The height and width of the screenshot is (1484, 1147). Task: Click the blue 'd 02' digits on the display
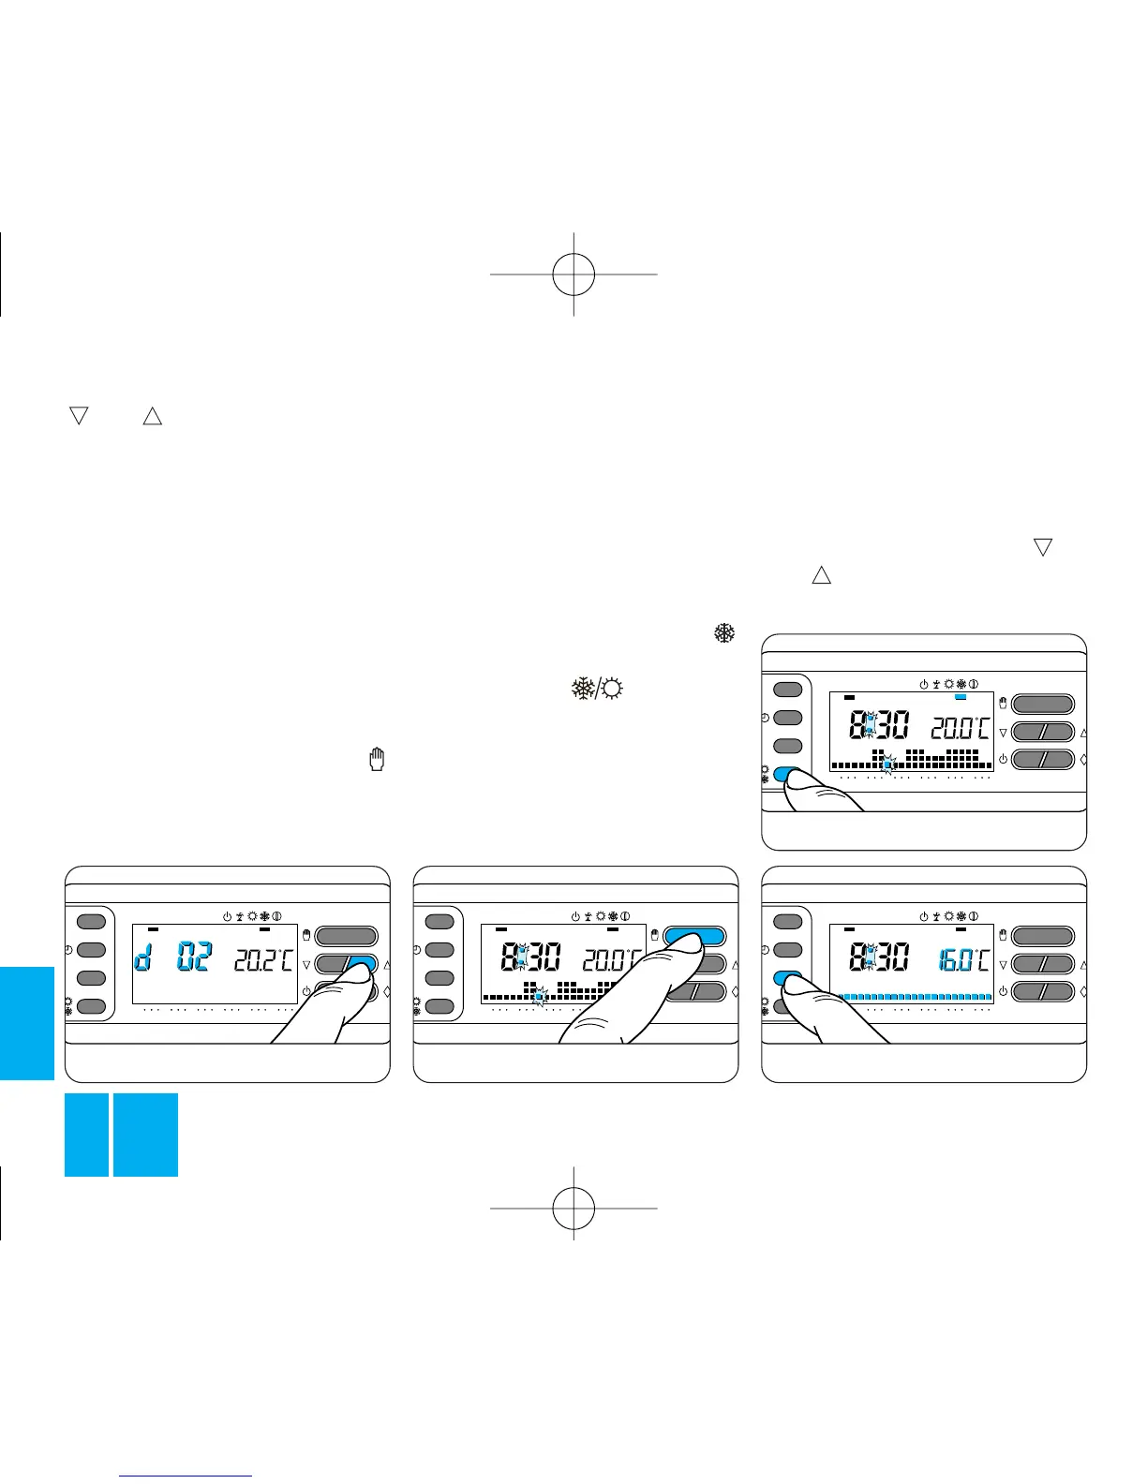(x=173, y=958)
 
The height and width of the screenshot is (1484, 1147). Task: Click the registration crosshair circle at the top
(x=573, y=275)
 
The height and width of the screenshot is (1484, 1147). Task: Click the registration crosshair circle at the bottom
(x=573, y=1208)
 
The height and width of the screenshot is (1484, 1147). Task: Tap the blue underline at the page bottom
(x=186, y=1476)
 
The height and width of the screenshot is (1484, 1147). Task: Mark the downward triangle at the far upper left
(x=78, y=415)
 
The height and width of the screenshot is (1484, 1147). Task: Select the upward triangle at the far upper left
(x=152, y=415)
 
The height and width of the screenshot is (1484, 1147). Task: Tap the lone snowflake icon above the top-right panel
(x=724, y=632)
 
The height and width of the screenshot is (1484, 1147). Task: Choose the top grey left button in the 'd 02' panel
(x=91, y=922)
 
